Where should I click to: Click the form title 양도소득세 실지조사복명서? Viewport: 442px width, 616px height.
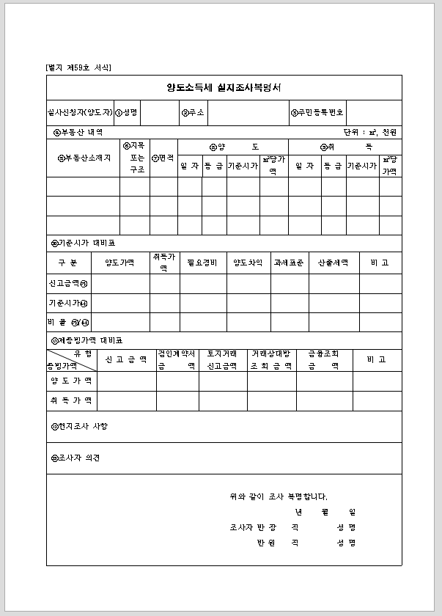pyautogui.click(x=224, y=87)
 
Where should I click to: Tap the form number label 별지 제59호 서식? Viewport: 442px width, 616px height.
pyautogui.click(x=78, y=67)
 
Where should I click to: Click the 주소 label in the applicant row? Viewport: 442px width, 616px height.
pyautogui.click(x=193, y=113)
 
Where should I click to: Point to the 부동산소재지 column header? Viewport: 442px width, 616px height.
pyautogui.click(x=84, y=158)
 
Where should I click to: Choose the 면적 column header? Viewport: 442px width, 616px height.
pyautogui.click(x=163, y=158)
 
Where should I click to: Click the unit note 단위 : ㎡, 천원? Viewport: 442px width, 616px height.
pyautogui.click(x=369, y=133)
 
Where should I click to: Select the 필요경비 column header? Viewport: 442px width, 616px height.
pyautogui.click(x=202, y=263)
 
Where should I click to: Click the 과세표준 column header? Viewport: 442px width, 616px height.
pyautogui.click(x=288, y=263)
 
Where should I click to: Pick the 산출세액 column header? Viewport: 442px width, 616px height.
pyautogui.click(x=334, y=263)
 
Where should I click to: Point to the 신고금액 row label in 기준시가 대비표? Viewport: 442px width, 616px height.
pyautogui.click(x=68, y=283)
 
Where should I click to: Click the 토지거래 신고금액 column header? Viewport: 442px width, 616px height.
pyautogui.click(x=222, y=359)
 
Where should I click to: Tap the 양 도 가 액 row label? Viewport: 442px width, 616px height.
pyautogui.click(x=71, y=381)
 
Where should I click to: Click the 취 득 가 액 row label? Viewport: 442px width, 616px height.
pyautogui.click(x=71, y=401)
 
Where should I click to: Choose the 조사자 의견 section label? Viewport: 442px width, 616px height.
pyautogui.click(x=75, y=458)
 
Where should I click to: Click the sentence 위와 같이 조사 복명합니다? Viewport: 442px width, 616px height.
pyautogui.click(x=279, y=496)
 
